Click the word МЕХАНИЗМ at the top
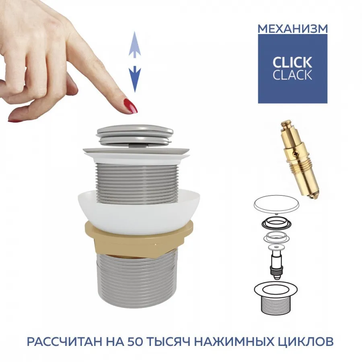292,29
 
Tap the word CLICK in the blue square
292,63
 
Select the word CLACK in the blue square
292,75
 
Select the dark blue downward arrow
135,79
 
